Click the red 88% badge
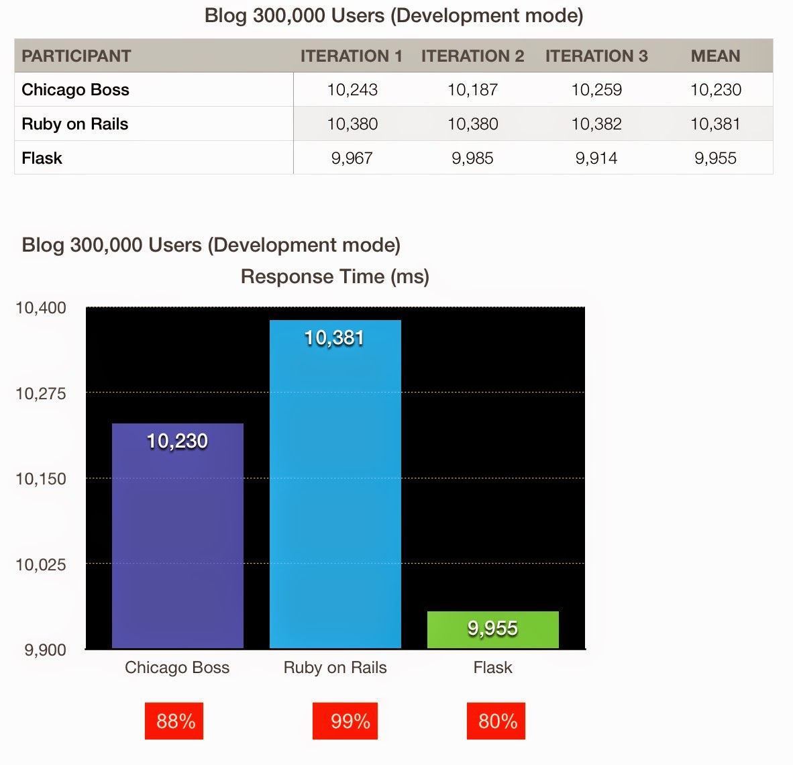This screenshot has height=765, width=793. pos(174,721)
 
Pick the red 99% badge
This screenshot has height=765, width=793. pos(345,721)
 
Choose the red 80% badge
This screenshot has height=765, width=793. pos(496,721)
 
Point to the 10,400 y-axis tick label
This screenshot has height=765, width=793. pos(41,308)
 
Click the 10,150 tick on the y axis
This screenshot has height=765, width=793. pos(41,479)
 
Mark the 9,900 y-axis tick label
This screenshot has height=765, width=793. pos(45,650)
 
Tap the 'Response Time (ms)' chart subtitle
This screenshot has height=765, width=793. pos(335,276)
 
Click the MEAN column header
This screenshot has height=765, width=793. pos(715,56)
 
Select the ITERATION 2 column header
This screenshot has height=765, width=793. pos(472,56)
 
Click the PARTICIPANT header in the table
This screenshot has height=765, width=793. pos(76,56)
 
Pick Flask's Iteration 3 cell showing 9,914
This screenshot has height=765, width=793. pos(596,158)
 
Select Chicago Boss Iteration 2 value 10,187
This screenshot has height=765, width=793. pos(472,90)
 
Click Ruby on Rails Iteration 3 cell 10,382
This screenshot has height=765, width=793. pos(596,124)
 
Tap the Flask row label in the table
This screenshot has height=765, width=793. pos(42,158)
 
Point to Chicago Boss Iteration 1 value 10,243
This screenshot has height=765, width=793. pos(352,90)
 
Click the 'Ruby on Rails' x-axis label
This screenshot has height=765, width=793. pos(335,668)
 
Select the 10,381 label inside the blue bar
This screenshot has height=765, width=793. pos(334,338)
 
